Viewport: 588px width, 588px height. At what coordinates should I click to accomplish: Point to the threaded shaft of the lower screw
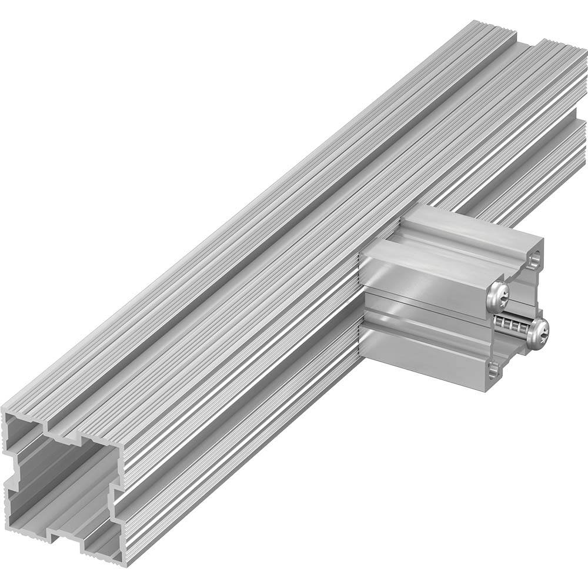(x=510, y=323)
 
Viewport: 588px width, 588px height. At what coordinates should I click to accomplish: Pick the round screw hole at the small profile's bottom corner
(x=493, y=369)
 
